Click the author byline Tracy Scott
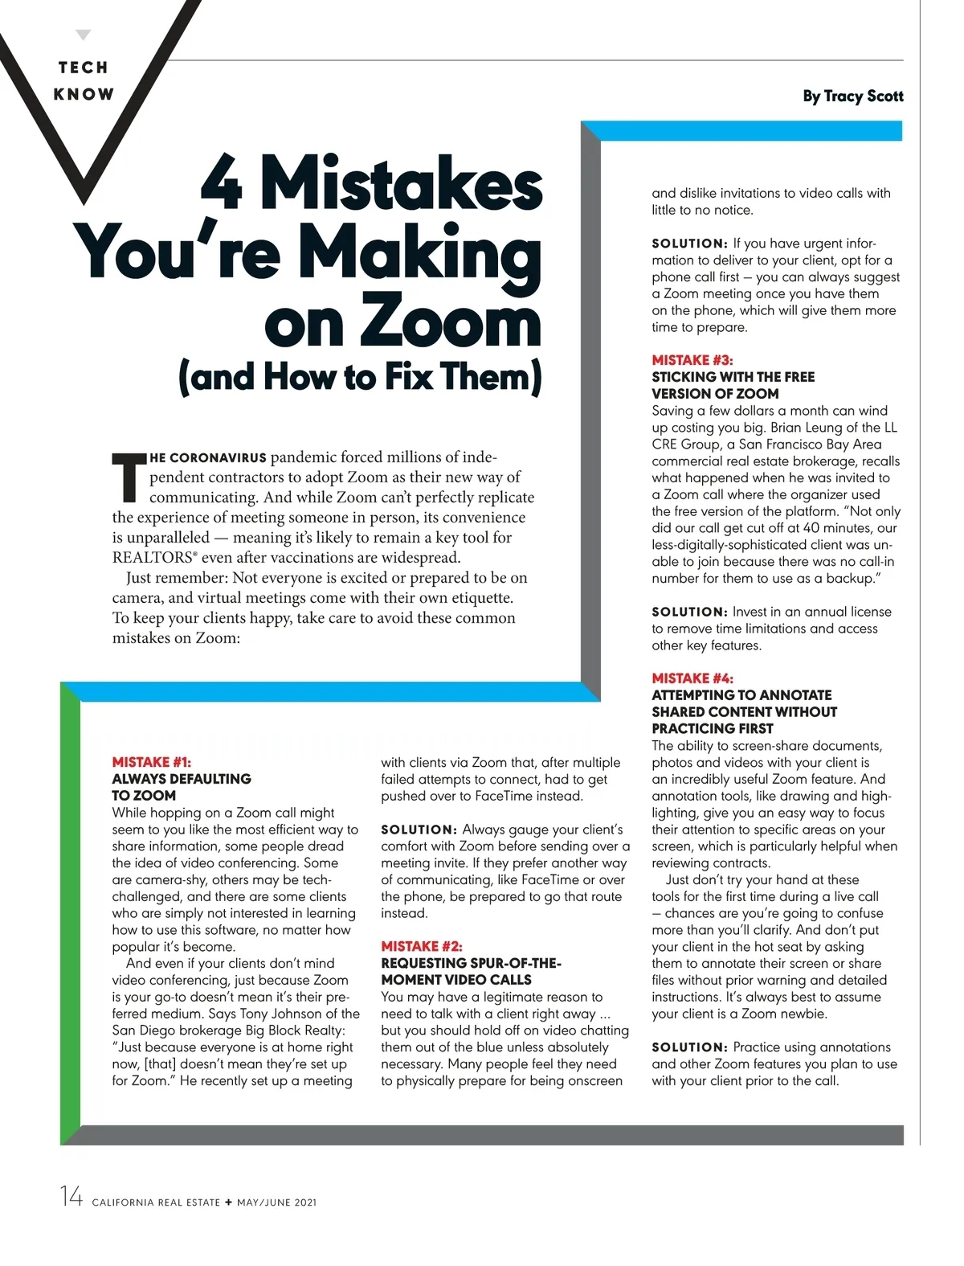pos(852,96)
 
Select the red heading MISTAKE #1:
pos(152,762)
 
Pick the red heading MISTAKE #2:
pos(422,946)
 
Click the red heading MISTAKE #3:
pos(692,360)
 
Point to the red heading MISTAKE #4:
pos(692,678)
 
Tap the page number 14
pos(71,1197)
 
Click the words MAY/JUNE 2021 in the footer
pos(277,1202)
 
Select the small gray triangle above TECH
pos(84,35)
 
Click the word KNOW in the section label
pos(84,94)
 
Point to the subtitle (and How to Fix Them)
pos(361,376)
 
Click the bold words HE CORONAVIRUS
pos(208,458)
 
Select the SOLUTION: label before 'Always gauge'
pos(419,830)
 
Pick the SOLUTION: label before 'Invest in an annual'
pos(689,612)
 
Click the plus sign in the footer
pos(229,1202)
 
